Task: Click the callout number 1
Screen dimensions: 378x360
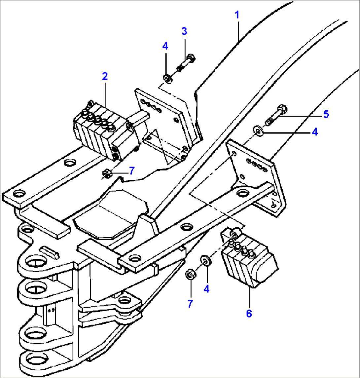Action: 237,15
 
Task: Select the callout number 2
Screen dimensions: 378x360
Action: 105,76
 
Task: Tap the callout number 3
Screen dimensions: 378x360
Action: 184,31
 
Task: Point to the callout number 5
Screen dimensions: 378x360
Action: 326,114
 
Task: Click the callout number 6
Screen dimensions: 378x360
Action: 249,313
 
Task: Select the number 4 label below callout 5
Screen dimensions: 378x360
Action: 314,132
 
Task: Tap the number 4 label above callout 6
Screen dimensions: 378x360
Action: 206,289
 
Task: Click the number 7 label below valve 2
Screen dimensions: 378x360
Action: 132,170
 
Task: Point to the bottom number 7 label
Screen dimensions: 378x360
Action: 190,304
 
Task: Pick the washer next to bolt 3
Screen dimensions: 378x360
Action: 168,79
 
